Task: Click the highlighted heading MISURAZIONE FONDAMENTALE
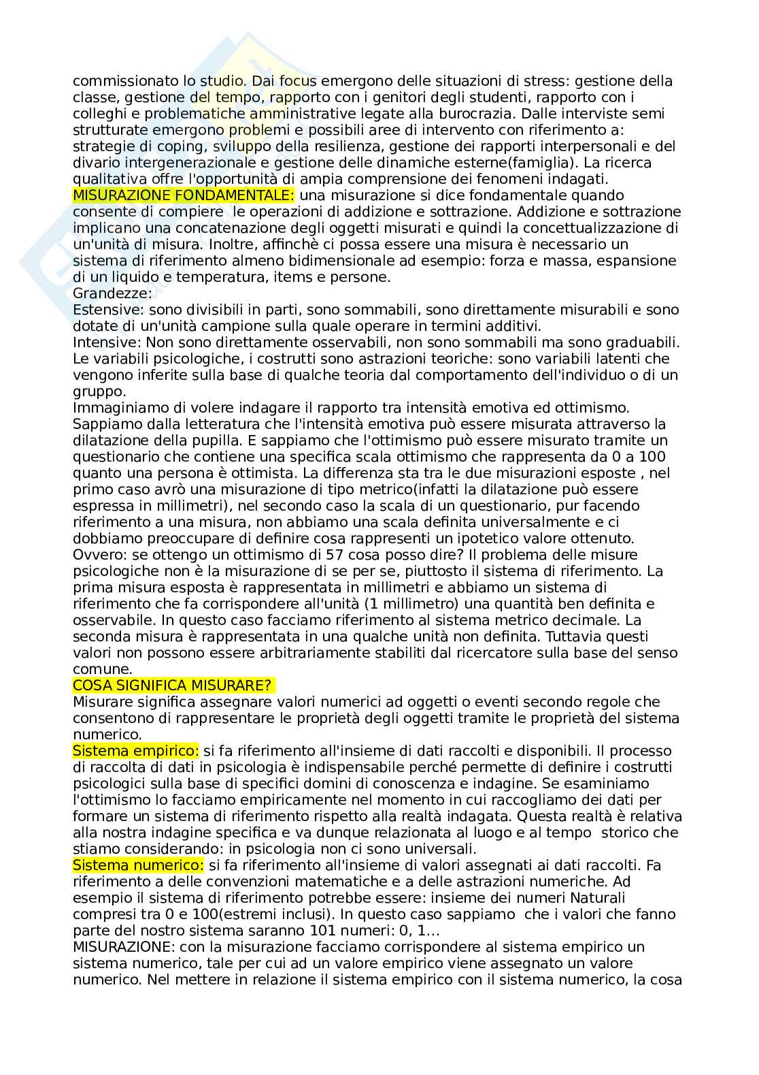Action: (184, 195)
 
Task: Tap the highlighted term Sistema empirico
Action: (136, 751)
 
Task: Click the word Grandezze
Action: (111, 293)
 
